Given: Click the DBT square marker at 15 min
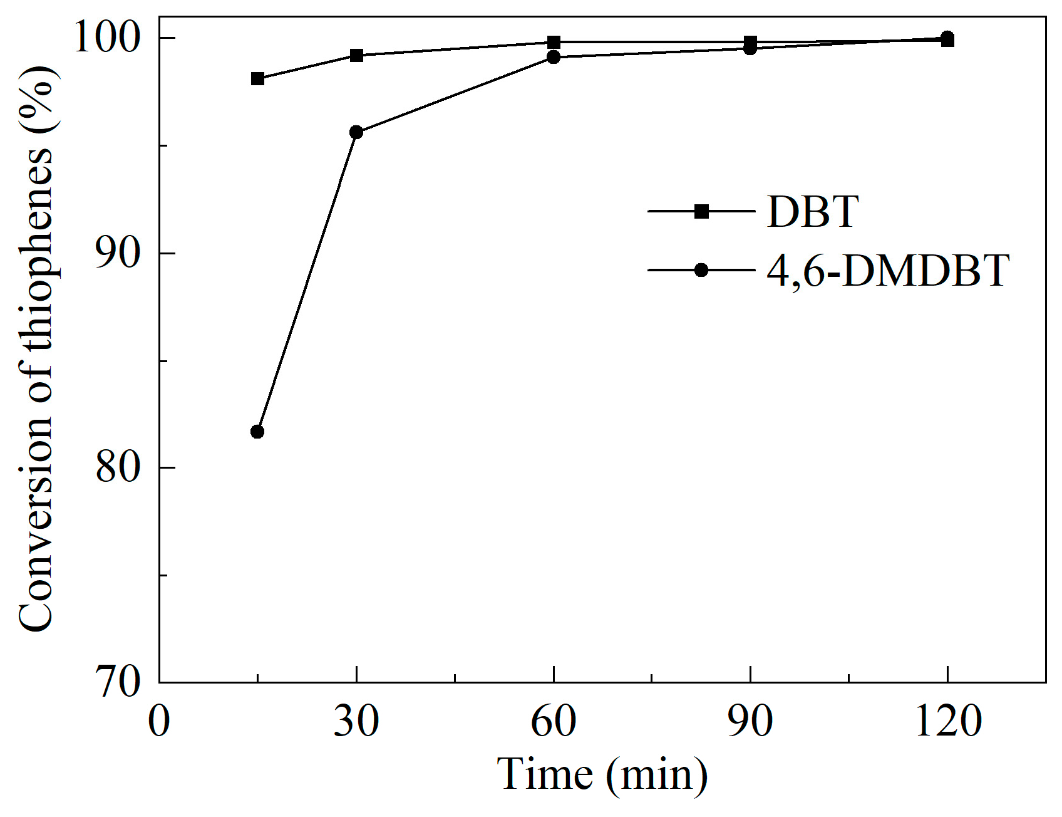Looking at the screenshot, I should pos(257,79).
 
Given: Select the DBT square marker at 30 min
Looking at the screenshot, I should pos(356,55).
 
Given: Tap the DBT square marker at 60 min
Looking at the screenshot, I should pos(554,43).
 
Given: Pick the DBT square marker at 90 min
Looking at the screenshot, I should pos(750,43).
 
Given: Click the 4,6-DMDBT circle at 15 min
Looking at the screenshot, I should pos(257,432).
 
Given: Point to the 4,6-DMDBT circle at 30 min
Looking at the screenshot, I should pos(356,132).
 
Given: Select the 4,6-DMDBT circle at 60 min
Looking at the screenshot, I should pos(554,58).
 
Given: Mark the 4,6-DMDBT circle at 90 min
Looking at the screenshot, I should pos(750,48).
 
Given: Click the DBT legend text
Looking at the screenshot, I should pos(812,212).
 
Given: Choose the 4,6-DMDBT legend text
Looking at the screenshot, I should pos(887,271).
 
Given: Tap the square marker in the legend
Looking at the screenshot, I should pos(702,212).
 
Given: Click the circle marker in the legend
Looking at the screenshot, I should pos(702,270).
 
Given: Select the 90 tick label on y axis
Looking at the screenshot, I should pos(117,253).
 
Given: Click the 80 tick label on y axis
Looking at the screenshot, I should pos(117,467).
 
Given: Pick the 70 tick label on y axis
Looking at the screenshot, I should pos(117,682).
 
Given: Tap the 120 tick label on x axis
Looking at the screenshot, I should pos(947,722).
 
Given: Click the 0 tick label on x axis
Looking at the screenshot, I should pos(159,722).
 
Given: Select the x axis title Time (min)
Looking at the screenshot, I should pos(602,776).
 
